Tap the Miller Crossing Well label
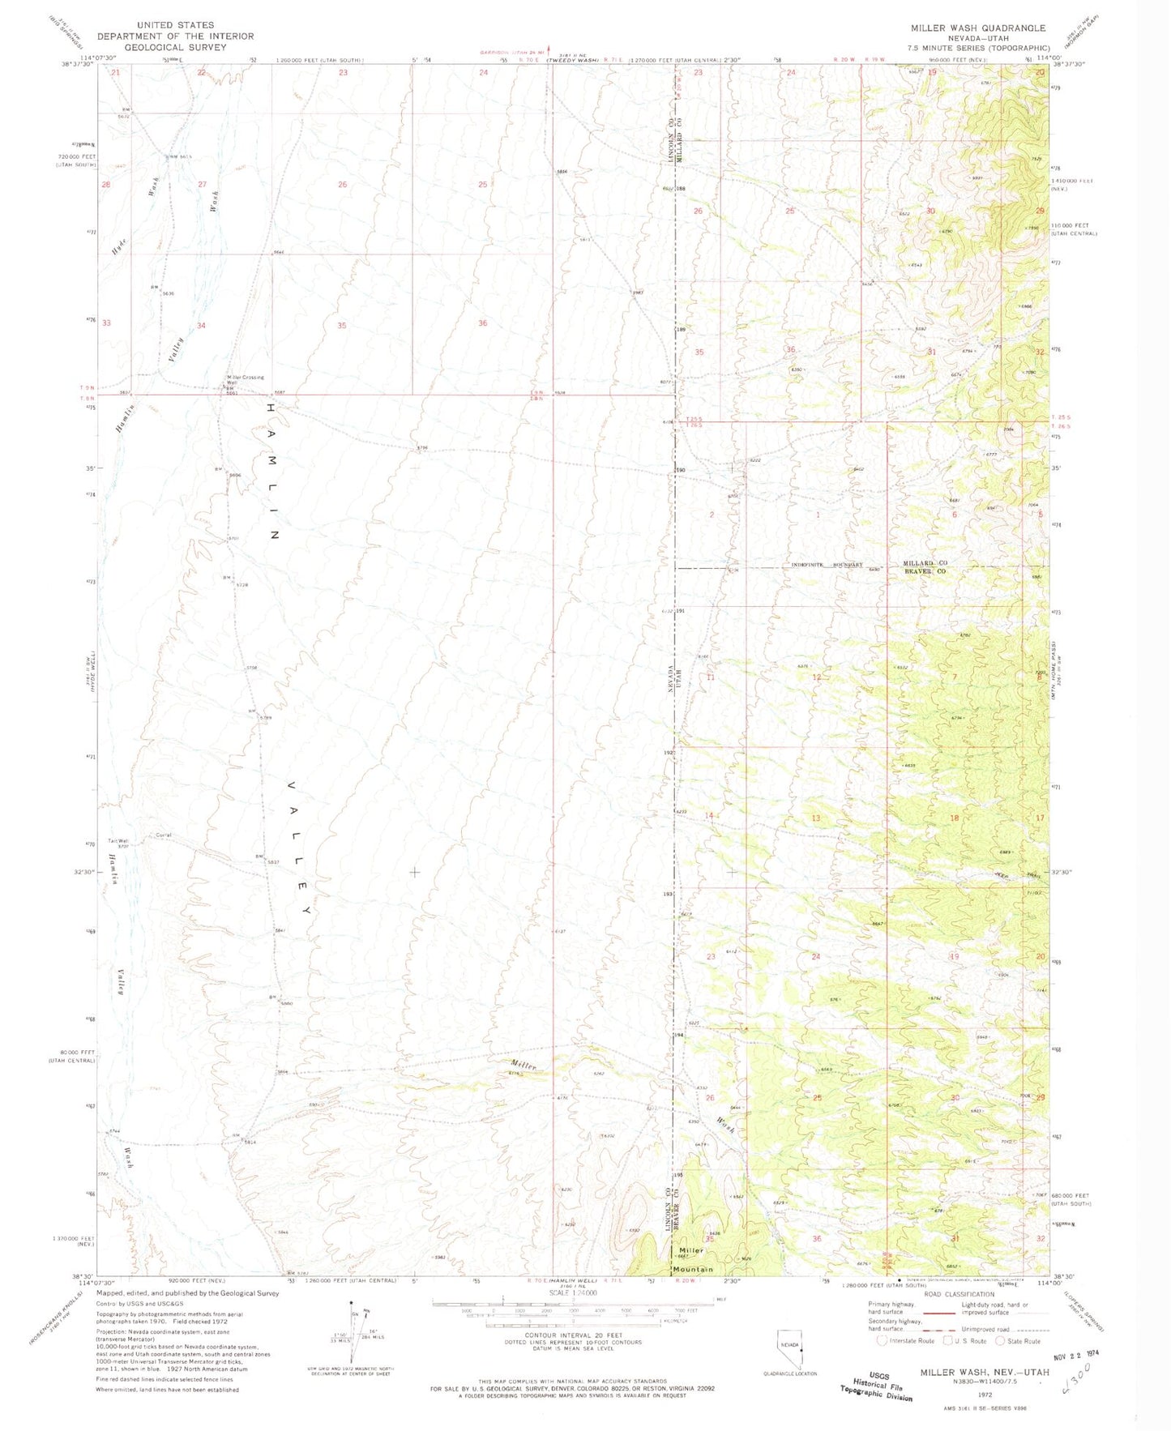click(245, 378)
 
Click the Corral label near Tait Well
click(165, 835)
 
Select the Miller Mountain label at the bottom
click(691, 1260)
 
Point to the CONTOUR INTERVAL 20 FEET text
click(578, 1335)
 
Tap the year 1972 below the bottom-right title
click(984, 1395)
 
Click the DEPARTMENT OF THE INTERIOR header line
click(175, 36)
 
